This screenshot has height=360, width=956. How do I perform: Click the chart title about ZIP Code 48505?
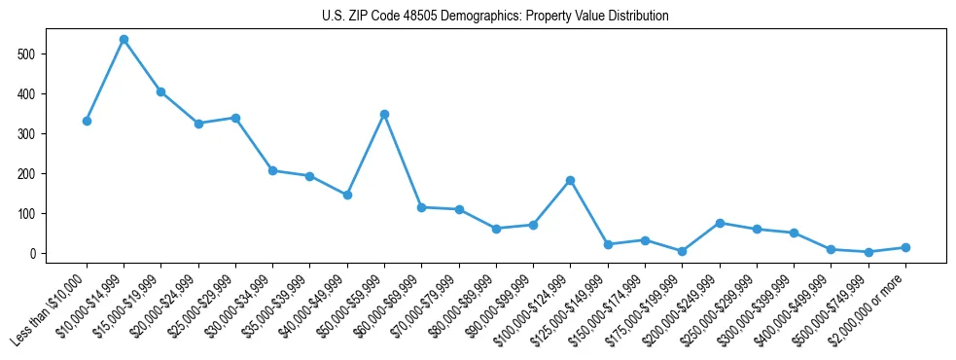click(x=495, y=16)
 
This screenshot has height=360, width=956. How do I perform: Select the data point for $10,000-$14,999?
click(x=124, y=40)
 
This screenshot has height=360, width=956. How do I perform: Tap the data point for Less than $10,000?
click(x=87, y=121)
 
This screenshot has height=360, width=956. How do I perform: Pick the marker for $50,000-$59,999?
click(x=384, y=114)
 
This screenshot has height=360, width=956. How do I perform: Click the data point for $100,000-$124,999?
click(x=570, y=180)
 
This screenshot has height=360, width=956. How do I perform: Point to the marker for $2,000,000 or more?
click(x=905, y=247)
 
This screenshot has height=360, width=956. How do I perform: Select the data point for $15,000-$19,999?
click(x=160, y=91)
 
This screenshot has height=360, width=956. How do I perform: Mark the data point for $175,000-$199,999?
click(x=682, y=251)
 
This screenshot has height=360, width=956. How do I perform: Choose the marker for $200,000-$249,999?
click(x=720, y=223)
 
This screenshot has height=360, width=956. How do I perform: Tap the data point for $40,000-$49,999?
click(x=347, y=195)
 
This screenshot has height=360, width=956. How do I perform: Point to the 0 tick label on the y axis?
click(x=42, y=253)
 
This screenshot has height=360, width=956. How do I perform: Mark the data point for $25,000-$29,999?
click(x=235, y=118)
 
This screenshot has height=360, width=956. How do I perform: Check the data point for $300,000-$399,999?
click(x=794, y=233)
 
